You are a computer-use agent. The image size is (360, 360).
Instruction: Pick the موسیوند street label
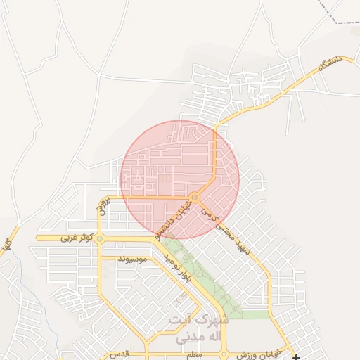point(132,260)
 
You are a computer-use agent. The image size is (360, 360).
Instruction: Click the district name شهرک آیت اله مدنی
point(199,328)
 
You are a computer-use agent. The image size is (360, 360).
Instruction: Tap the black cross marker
point(297,357)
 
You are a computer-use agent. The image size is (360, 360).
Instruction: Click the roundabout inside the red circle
point(194,196)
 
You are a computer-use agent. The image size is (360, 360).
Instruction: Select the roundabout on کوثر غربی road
point(100,238)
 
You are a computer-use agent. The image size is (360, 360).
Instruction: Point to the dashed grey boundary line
point(345,21)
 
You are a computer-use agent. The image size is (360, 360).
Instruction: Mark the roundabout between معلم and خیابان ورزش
point(224,355)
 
